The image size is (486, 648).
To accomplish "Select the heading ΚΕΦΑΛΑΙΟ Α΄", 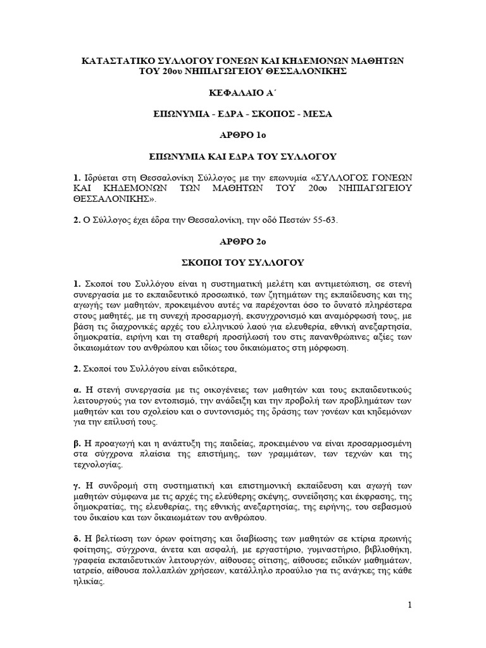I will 243,92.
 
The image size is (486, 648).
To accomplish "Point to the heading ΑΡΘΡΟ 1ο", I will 243,135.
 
